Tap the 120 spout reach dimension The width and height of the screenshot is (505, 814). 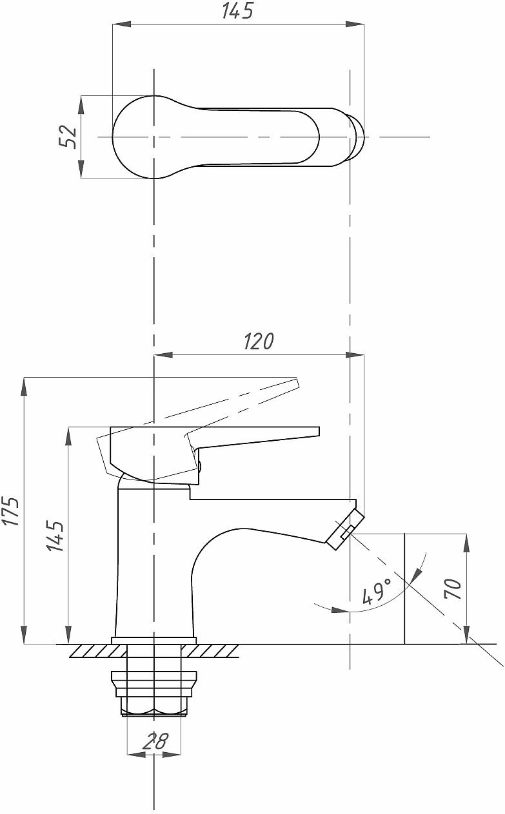point(258,342)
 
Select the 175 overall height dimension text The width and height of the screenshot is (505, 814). point(12,510)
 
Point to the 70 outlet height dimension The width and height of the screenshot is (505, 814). point(453,589)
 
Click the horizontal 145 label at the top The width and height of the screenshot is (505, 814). point(237,11)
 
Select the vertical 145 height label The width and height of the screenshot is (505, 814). point(55,536)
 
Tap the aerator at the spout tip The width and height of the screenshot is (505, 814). point(345,530)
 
